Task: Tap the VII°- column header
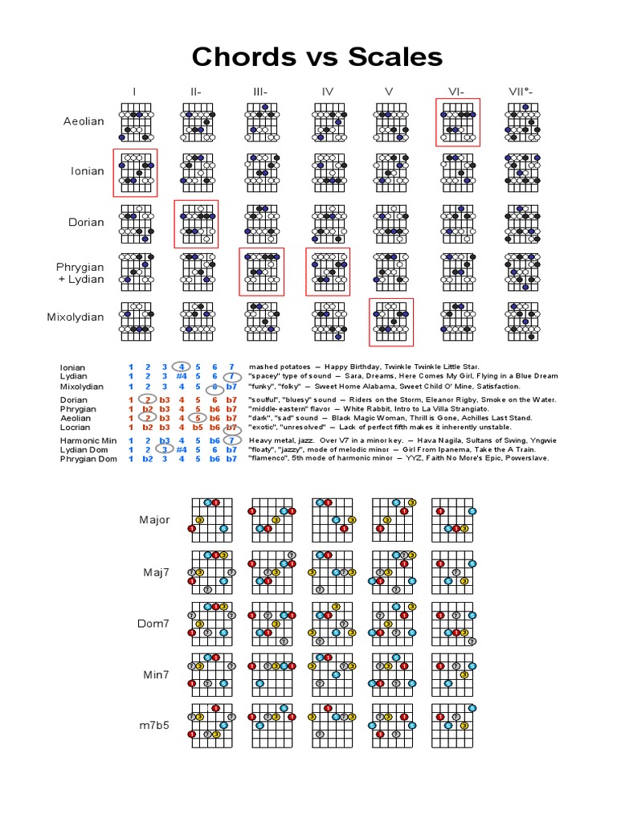[521, 91]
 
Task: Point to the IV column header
[327, 91]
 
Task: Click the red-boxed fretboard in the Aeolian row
[457, 122]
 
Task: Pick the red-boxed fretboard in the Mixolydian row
[391, 321]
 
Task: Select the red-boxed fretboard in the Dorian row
[197, 223]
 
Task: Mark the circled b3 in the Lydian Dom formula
[165, 450]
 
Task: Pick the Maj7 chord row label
[154, 572]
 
